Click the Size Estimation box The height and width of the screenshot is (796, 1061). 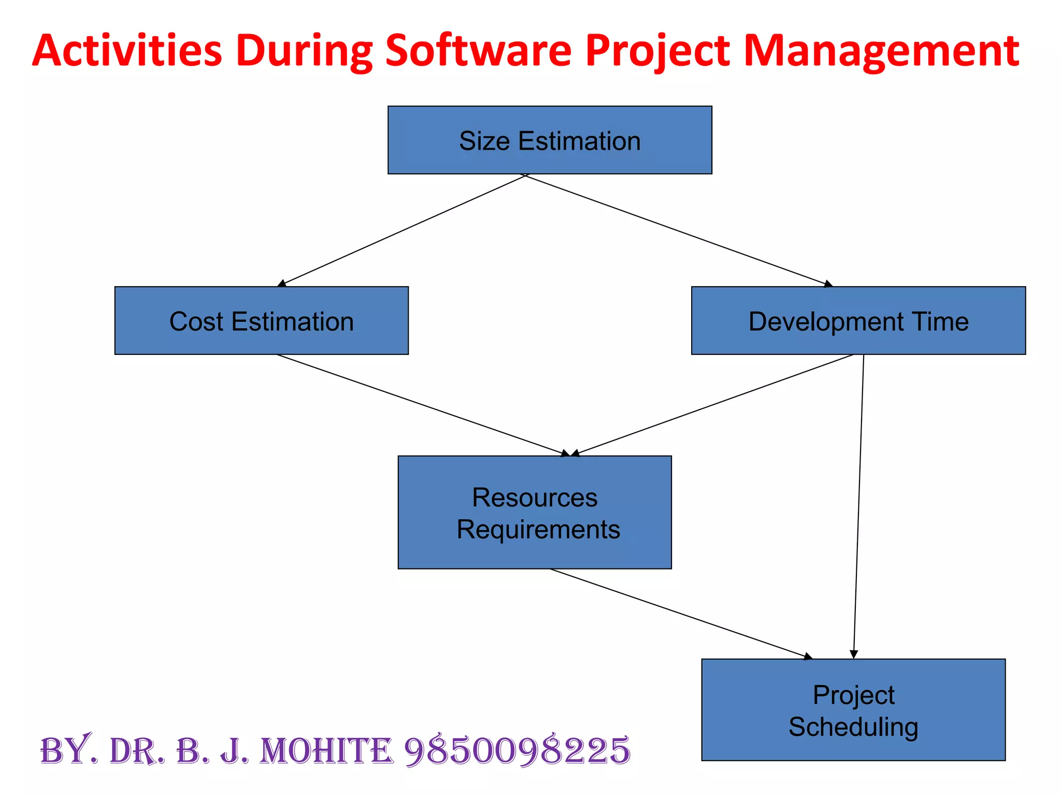click(x=550, y=140)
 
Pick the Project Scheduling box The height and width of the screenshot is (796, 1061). click(x=853, y=709)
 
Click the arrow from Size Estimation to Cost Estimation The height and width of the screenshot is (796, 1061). click(x=403, y=230)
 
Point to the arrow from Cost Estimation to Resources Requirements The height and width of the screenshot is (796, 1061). click(x=423, y=405)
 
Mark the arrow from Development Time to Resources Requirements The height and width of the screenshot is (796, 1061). click(x=713, y=405)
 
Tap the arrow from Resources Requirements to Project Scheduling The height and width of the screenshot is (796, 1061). click(x=681, y=614)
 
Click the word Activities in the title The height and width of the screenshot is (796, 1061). click(x=127, y=51)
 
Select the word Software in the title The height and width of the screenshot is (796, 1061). click(x=478, y=51)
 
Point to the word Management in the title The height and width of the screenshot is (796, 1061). click(x=881, y=51)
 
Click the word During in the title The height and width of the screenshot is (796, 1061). click(x=304, y=51)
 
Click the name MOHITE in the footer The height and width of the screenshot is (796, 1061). click(x=326, y=751)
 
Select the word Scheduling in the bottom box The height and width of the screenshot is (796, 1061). click(x=853, y=727)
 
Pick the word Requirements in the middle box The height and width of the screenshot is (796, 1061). click(x=538, y=529)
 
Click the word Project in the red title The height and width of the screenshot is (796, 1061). click(x=657, y=51)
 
